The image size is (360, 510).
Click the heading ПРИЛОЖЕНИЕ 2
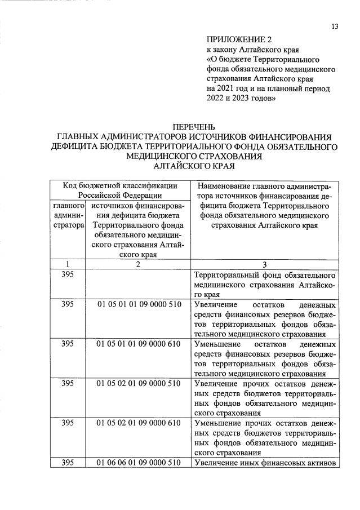click(239, 39)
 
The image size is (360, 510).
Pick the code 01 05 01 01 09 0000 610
click(139, 344)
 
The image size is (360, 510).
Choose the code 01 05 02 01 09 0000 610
click(139, 423)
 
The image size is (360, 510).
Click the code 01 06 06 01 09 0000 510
click(139, 463)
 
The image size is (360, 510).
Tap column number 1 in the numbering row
click(67, 265)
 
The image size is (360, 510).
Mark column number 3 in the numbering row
click(265, 265)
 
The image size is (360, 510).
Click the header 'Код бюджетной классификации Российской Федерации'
click(121, 190)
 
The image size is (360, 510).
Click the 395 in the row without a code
click(67, 275)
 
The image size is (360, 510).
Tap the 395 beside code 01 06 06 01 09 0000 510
click(67, 463)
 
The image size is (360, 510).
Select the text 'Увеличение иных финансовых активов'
click(265, 463)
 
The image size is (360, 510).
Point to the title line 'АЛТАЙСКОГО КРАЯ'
click(194, 166)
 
